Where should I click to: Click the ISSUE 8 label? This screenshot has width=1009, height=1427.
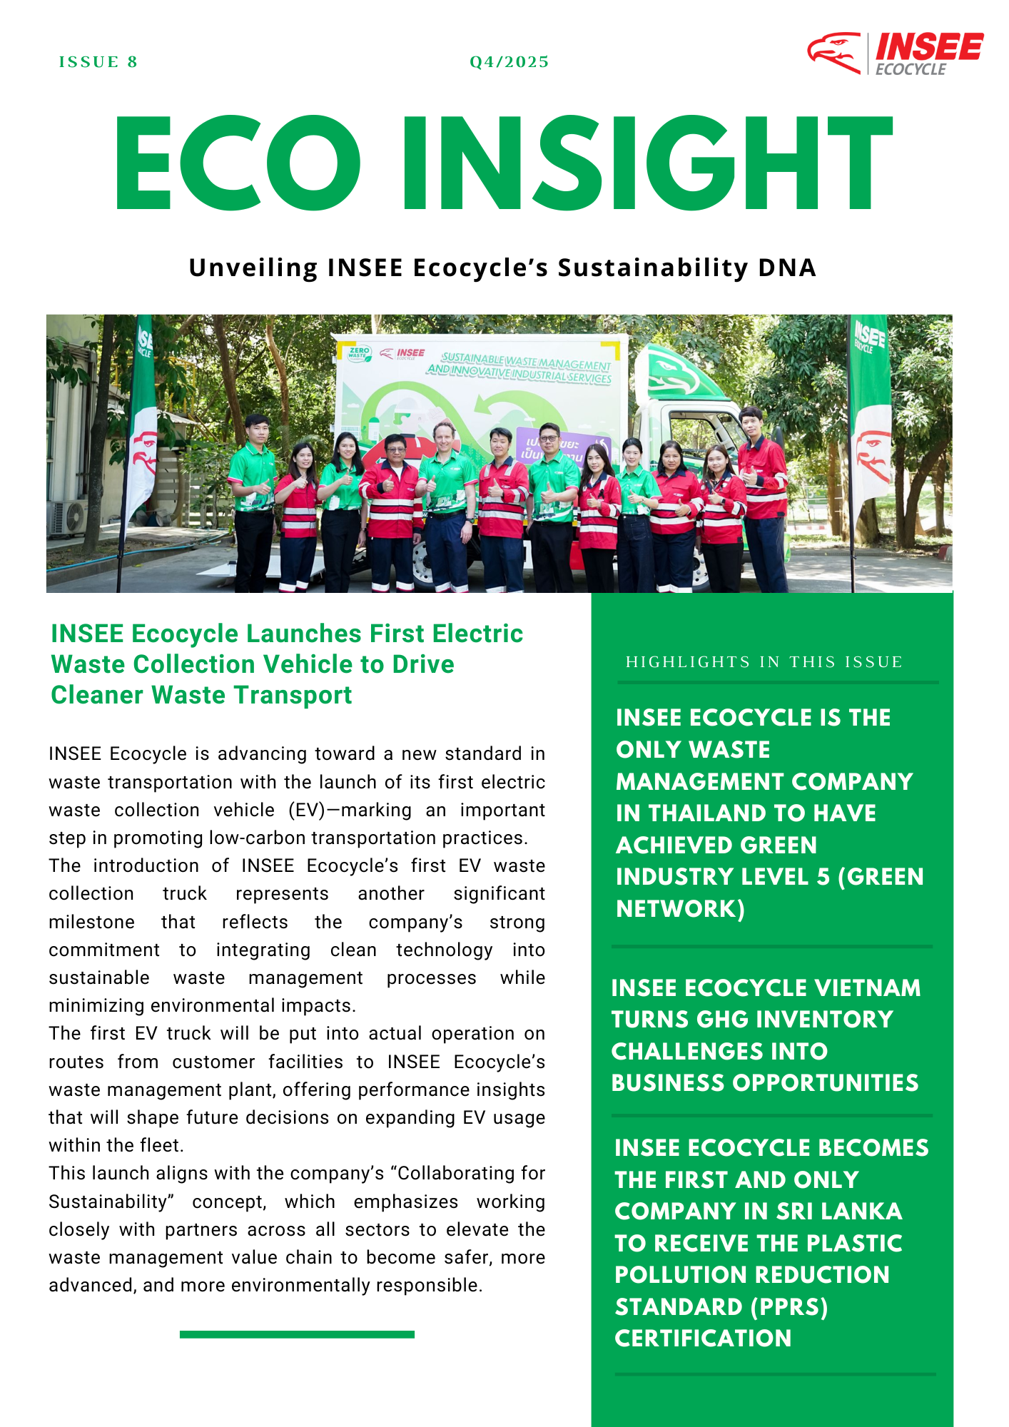click(x=98, y=62)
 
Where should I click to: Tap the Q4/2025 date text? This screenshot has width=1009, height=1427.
click(x=509, y=62)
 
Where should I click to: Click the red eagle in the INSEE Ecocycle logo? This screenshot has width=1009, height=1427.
click(x=833, y=52)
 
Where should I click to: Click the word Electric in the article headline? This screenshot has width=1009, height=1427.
click(x=477, y=634)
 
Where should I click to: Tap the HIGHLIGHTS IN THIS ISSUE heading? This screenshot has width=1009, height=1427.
click(x=764, y=662)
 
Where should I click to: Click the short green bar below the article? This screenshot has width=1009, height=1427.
click(x=297, y=1334)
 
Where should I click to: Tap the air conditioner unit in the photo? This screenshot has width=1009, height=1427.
click(x=67, y=517)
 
